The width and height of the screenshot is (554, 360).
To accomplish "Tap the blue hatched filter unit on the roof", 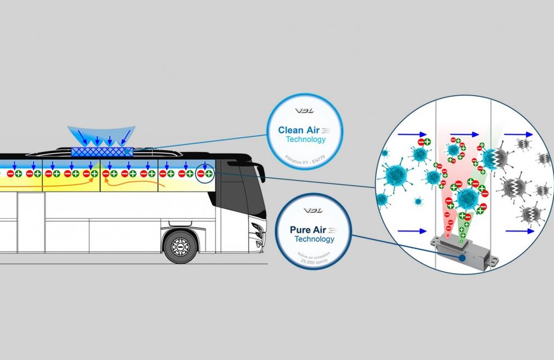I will pyautogui.click(x=102, y=152).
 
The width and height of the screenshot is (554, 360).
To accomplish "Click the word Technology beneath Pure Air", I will pyautogui.click(x=314, y=239).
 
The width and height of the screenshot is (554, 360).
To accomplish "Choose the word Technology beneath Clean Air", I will pyautogui.click(x=306, y=140).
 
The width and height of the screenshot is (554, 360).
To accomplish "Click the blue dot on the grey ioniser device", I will pyautogui.click(x=463, y=257).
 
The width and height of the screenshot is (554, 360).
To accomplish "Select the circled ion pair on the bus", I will pyautogui.click(x=205, y=173).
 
